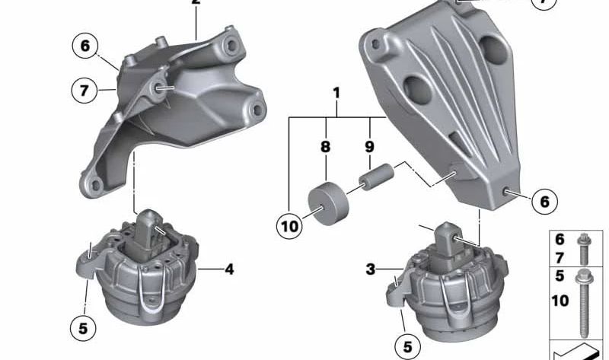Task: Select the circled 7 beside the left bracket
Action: click(x=84, y=91)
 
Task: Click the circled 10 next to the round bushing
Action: click(x=290, y=225)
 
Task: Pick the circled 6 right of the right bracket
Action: click(x=544, y=202)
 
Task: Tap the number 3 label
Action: click(x=371, y=269)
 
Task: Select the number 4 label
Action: click(x=228, y=268)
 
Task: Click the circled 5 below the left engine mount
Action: click(x=83, y=328)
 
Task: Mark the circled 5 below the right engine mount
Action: click(x=407, y=347)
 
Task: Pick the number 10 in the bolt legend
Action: click(x=560, y=301)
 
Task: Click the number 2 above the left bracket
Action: click(x=196, y=3)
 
